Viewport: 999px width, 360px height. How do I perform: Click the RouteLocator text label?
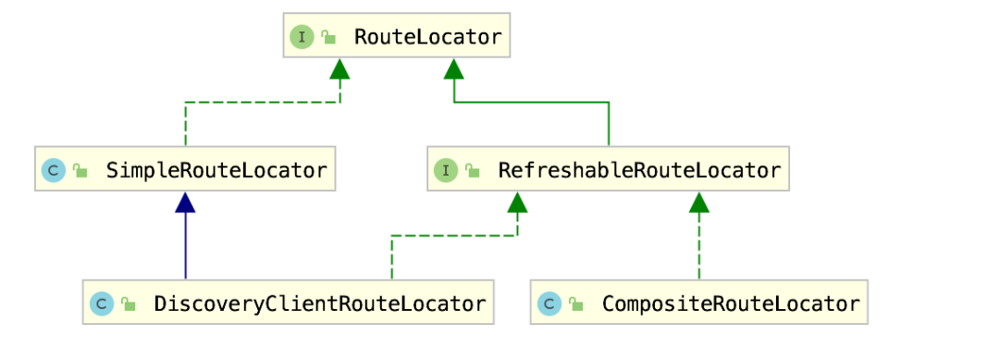(427, 37)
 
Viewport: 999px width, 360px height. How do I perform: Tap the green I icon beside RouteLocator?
(302, 37)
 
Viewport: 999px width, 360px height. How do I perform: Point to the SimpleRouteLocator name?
(216, 170)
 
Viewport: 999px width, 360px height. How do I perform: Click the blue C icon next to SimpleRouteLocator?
(54, 170)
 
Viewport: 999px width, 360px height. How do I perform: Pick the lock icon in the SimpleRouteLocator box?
(80, 171)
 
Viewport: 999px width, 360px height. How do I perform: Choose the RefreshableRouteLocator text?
(639, 170)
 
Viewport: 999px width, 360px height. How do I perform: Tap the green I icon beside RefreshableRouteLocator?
(446, 170)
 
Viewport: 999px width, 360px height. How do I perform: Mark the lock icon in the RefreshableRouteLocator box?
(473, 171)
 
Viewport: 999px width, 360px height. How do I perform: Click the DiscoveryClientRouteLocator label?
(320, 304)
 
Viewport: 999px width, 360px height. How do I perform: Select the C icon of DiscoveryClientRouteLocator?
(102, 304)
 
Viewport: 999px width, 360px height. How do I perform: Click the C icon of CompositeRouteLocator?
(549, 304)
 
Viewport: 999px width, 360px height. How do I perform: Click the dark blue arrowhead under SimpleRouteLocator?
(186, 203)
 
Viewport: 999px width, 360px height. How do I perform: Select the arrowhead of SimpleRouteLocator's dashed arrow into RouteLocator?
(339, 68)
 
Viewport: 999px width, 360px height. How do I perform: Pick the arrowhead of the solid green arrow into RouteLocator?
(454, 68)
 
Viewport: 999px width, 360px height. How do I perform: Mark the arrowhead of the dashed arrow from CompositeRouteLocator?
(699, 203)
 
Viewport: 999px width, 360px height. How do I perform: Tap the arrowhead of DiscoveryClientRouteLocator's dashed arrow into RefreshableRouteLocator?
(517, 203)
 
